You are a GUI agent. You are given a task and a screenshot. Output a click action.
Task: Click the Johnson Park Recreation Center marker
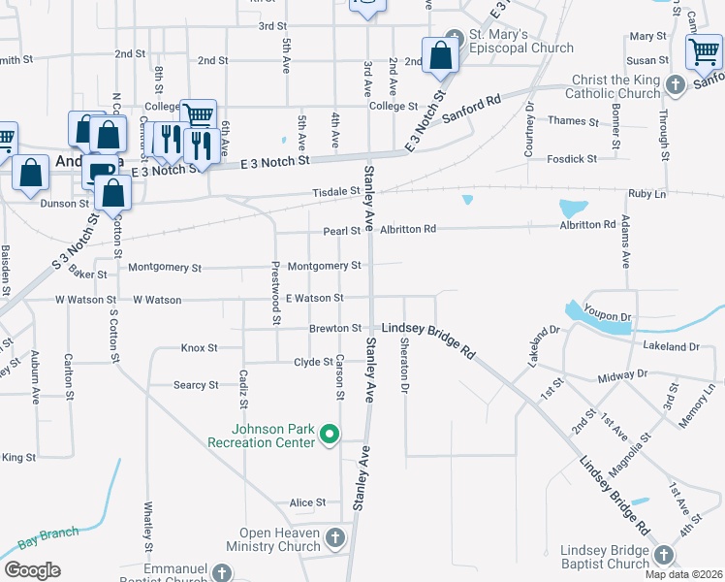coord(330,434)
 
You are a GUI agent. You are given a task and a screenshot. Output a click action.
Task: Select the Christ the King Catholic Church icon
coord(677,84)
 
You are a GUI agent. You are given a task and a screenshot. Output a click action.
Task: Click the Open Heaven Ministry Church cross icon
coord(334,537)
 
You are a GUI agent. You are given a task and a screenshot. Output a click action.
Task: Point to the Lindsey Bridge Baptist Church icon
coord(663,555)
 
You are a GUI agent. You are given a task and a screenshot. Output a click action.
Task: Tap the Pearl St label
coord(341,231)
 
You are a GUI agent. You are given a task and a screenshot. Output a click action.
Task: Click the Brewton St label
coord(335,329)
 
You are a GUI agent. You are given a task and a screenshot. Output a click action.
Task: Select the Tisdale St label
coord(336,193)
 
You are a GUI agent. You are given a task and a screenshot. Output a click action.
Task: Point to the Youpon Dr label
coord(613,316)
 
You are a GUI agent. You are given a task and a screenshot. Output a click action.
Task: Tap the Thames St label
coord(573,121)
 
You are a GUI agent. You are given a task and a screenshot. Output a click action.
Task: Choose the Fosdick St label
coord(572,158)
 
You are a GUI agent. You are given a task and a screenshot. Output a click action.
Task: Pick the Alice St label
coord(307,502)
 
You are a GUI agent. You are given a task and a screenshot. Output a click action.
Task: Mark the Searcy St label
coord(196,385)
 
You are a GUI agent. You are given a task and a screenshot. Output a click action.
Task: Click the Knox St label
coord(199,347)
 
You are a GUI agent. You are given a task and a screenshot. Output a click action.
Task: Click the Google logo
coord(32,570)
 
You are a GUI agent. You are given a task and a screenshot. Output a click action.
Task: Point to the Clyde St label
coord(313,362)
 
